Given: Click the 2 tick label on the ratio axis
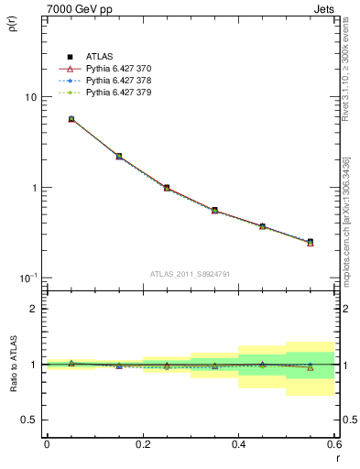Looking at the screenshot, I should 33,309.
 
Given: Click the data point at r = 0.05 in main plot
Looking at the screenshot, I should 71,119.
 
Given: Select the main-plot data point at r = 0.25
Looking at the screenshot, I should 167,187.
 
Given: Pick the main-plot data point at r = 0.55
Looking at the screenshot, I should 311,242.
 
